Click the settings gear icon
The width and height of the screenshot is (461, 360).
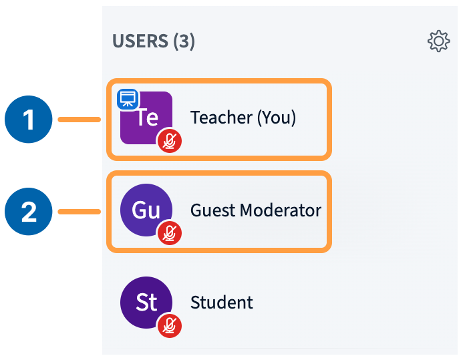point(438,42)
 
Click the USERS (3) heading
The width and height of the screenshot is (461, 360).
point(153,41)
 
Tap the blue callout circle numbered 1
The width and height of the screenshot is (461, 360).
point(28,120)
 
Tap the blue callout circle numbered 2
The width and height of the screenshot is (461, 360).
point(28,212)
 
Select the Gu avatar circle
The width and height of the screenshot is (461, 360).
point(146,210)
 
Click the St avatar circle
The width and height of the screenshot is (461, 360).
point(146,302)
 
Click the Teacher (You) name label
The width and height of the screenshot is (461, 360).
point(243,118)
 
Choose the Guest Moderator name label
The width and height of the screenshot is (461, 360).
point(256,210)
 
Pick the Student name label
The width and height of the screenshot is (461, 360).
point(222,303)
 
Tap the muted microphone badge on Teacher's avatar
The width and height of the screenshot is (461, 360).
point(170,141)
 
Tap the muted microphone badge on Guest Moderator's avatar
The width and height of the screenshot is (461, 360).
point(170,233)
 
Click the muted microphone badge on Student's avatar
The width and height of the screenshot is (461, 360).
point(170,325)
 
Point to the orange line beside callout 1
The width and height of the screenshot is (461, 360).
point(79,120)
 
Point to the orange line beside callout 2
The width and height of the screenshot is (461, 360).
point(79,212)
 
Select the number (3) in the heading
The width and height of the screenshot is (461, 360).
point(184,41)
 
